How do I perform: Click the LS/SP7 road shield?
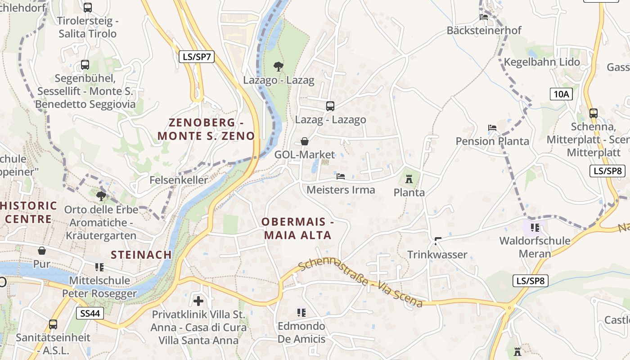(x=197, y=57)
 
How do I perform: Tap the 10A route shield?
(x=561, y=94)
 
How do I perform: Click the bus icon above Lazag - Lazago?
(x=330, y=106)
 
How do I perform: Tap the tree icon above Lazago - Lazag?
(x=279, y=67)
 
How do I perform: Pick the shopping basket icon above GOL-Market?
(x=305, y=141)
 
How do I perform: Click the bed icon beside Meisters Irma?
(x=341, y=176)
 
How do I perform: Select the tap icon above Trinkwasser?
(x=437, y=241)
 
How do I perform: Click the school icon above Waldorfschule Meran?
(x=535, y=228)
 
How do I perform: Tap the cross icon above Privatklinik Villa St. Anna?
(x=198, y=301)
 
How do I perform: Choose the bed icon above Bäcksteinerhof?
(x=484, y=17)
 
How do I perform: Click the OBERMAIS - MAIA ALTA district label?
(x=298, y=228)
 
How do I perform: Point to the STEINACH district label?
(x=141, y=255)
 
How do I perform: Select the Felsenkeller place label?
(x=179, y=180)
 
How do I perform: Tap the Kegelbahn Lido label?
(x=542, y=62)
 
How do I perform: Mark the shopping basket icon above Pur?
(x=42, y=250)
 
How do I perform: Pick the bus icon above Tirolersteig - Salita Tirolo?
(x=88, y=8)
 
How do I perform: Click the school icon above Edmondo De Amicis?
(x=301, y=312)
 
